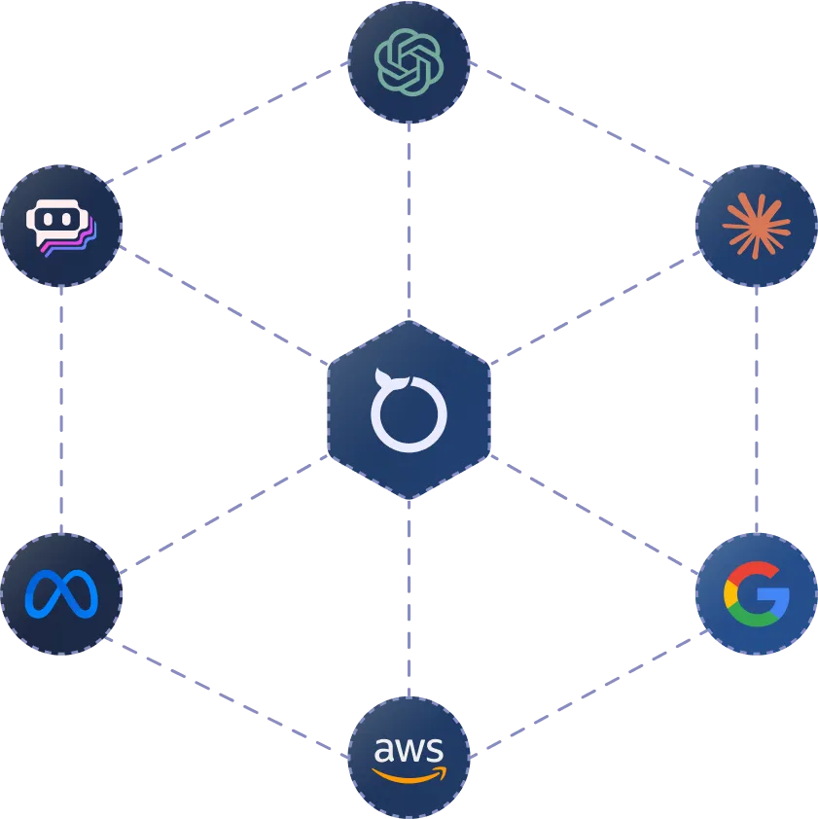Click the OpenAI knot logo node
409,61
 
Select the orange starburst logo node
756,226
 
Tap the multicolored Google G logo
756,593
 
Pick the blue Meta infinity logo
61,593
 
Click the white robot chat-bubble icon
61,226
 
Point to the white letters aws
409,750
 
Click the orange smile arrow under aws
409,776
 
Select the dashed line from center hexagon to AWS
409,598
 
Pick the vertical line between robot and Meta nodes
61,409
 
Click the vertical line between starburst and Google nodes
758,409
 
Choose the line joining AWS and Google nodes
584,697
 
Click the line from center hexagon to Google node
593,511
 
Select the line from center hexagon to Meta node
224,516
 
